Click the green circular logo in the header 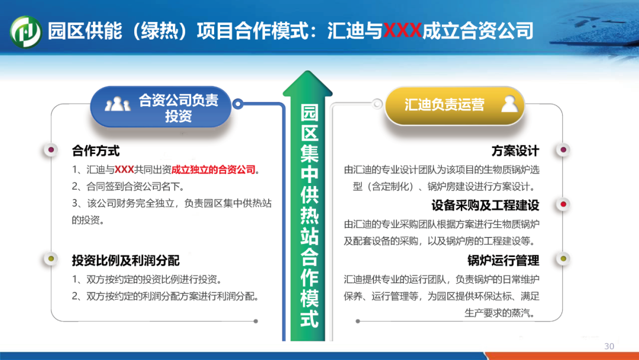pos(25,31)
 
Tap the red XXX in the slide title pos(402,31)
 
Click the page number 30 pos(609,346)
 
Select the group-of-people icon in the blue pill pos(117,104)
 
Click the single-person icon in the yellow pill pos(509,104)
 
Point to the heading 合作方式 pos(96,151)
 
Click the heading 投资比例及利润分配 pos(125,261)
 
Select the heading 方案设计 pos(515,151)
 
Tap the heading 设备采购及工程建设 pos(485,205)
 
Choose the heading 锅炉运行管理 pos(504,260)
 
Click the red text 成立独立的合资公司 pos(213,169)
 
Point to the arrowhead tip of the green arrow pos(308,71)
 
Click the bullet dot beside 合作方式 pos(51,150)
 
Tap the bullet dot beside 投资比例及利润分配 pos(51,259)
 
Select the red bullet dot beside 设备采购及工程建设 pos(563,204)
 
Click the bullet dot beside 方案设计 pos(563,150)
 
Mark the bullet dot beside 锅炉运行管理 pos(563,259)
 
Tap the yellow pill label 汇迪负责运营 pos(444,105)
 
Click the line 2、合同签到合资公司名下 pos(128,187)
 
